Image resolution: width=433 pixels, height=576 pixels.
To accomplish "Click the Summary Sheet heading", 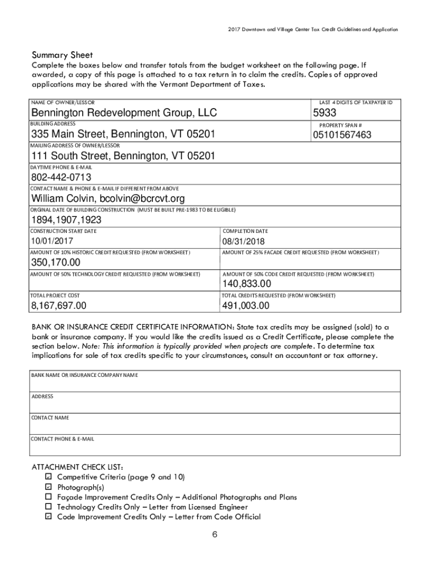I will [x=62, y=55].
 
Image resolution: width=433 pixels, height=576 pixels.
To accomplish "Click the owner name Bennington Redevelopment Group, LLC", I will [x=124, y=114].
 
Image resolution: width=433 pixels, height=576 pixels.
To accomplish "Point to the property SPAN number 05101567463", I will [x=342, y=135].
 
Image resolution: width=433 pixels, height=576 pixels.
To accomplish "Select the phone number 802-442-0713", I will [x=61, y=178].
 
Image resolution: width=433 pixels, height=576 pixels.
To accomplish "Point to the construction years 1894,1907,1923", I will [x=66, y=220].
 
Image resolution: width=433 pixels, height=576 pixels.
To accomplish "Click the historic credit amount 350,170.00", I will [x=56, y=263].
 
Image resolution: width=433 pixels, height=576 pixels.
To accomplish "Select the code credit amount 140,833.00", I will [x=251, y=284].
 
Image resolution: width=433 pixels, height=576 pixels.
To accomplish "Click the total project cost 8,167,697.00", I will [x=59, y=306].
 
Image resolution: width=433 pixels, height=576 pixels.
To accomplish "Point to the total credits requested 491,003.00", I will [x=246, y=306].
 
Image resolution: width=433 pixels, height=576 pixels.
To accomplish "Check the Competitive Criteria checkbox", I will [x=48, y=477].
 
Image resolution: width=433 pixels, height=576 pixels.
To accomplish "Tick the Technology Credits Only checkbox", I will [x=48, y=507].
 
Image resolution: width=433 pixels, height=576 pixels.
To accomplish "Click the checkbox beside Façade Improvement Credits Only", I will [x=48, y=497].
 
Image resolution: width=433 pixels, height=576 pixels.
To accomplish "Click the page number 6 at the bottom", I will [x=215, y=535].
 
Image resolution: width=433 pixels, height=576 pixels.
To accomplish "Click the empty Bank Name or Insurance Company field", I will [x=215, y=385].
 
